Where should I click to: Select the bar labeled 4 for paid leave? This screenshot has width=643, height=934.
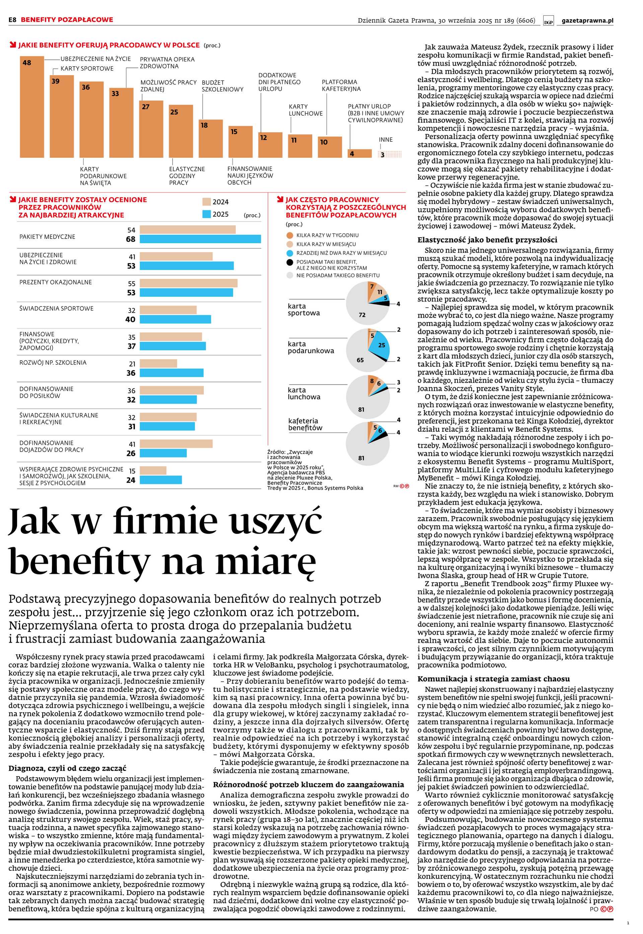359,153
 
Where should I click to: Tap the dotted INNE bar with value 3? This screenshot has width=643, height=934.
390,154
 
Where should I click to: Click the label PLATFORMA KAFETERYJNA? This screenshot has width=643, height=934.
341,85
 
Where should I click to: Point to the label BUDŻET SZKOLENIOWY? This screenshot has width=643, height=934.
222,86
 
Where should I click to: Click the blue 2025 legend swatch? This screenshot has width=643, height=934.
207,214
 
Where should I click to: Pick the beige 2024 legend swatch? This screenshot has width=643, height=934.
207,202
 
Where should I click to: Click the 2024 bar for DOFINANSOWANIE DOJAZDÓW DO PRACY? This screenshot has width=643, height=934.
176,444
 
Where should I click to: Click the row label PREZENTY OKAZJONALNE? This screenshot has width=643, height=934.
56,282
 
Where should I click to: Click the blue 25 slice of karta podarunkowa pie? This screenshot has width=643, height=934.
381,345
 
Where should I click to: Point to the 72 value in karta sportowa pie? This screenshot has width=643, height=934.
362,315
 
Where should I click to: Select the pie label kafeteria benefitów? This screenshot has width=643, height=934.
305,424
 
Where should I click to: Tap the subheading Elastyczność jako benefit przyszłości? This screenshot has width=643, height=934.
487,240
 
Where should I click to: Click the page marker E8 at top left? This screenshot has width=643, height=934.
12,20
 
